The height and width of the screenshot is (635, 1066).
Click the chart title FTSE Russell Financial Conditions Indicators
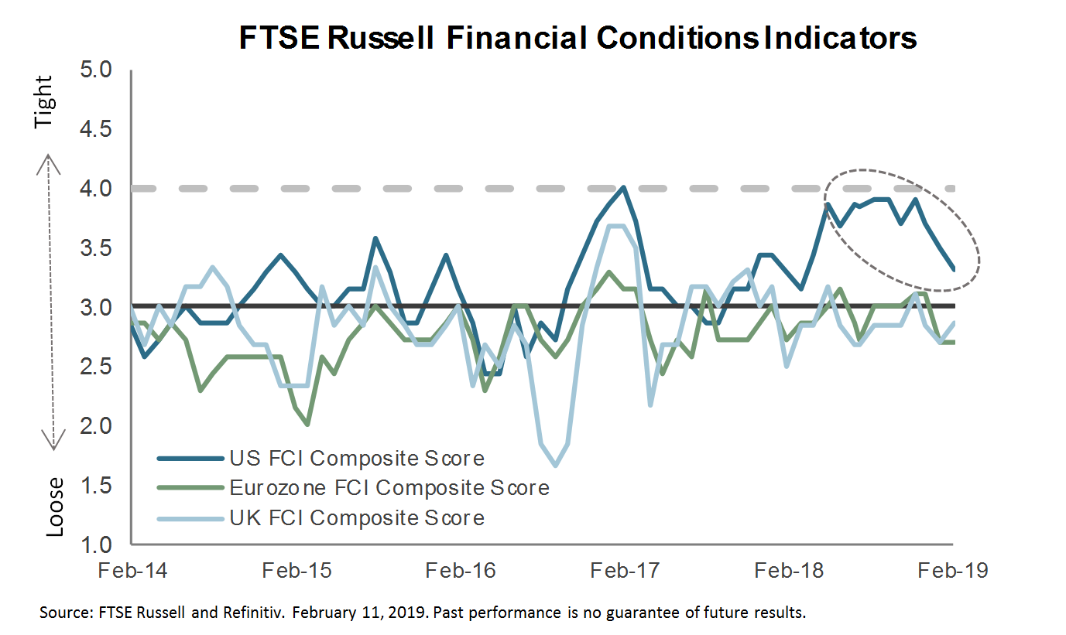coord(577,37)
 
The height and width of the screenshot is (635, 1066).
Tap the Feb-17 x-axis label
coord(626,571)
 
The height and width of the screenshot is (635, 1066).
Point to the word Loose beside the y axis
coord(54,507)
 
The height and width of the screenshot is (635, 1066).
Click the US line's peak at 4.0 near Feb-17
coord(623,187)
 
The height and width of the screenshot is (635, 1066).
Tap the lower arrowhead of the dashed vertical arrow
coord(52,446)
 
